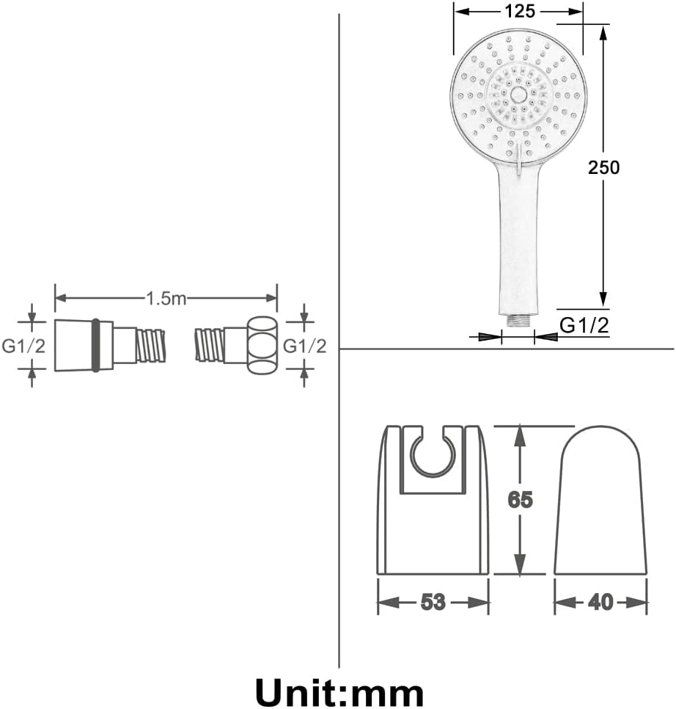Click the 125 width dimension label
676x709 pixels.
pyautogui.click(x=520, y=11)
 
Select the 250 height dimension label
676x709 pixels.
pyautogui.click(x=603, y=167)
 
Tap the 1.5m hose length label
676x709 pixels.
pyautogui.click(x=166, y=299)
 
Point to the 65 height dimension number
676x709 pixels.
pyautogui.click(x=521, y=500)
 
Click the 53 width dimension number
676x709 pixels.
pyautogui.click(x=433, y=602)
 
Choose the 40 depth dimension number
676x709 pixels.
pyautogui.click(x=600, y=602)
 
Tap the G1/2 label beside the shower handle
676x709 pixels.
pyautogui.click(x=584, y=325)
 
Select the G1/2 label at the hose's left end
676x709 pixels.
pyautogui.click(x=23, y=346)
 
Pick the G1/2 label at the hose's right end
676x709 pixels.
pyautogui.click(x=304, y=346)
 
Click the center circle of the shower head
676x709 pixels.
pyautogui.click(x=518, y=95)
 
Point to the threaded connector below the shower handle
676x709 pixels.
pyautogui.click(x=518, y=321)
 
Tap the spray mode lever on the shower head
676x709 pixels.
pyautogui.click(x=518, y=159)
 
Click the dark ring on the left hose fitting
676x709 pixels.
pyautogui.click(x=95, y=346)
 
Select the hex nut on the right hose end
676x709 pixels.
pyautogui.click(x=262, y=346)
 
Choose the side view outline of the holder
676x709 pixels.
pyautogui.click(x=601, y=500)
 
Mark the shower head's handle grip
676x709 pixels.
pyautogui.click(x=518, y=240)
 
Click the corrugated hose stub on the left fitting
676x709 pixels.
pyautogui.click(x=151, y=346)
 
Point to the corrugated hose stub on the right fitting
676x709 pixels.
pyautogui.click(x=210, y=346)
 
